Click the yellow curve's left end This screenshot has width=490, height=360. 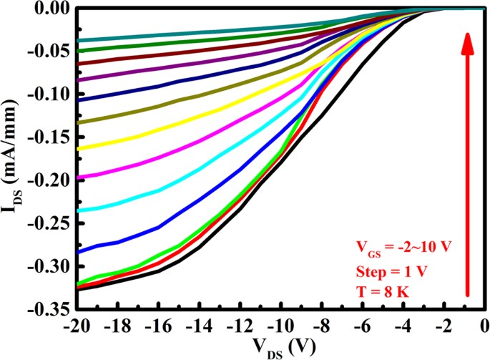[77, 149]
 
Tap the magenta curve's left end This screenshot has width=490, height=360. [77, 177]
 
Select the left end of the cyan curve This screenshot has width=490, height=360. [77, 210]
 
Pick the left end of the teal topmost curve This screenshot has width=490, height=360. [77, 40]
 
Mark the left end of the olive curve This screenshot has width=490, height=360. [77, 122]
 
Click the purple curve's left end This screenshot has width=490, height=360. [77, 80]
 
